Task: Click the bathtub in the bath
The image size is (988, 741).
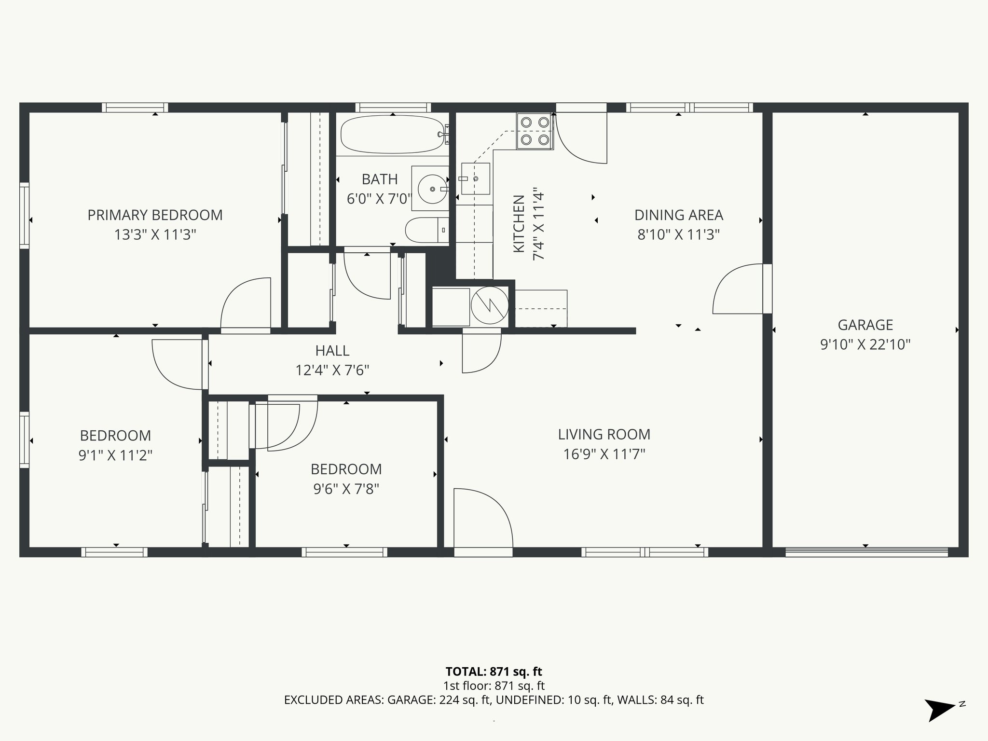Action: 392,134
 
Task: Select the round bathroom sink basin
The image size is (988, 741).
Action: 431,189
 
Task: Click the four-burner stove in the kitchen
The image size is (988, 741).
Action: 535,131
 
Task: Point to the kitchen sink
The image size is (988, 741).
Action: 475,178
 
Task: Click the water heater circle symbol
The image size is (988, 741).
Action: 489,305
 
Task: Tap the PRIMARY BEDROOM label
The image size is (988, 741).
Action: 155,215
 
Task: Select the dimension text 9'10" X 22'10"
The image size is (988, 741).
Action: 865,344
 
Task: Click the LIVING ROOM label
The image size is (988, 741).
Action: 604,434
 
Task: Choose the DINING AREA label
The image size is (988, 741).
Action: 678,215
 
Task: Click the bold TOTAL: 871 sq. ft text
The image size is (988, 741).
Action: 494,672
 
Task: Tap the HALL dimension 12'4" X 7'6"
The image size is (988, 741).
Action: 332,370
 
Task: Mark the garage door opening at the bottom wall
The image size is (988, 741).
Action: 866,552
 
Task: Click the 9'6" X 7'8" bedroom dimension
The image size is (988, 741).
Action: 346,489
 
